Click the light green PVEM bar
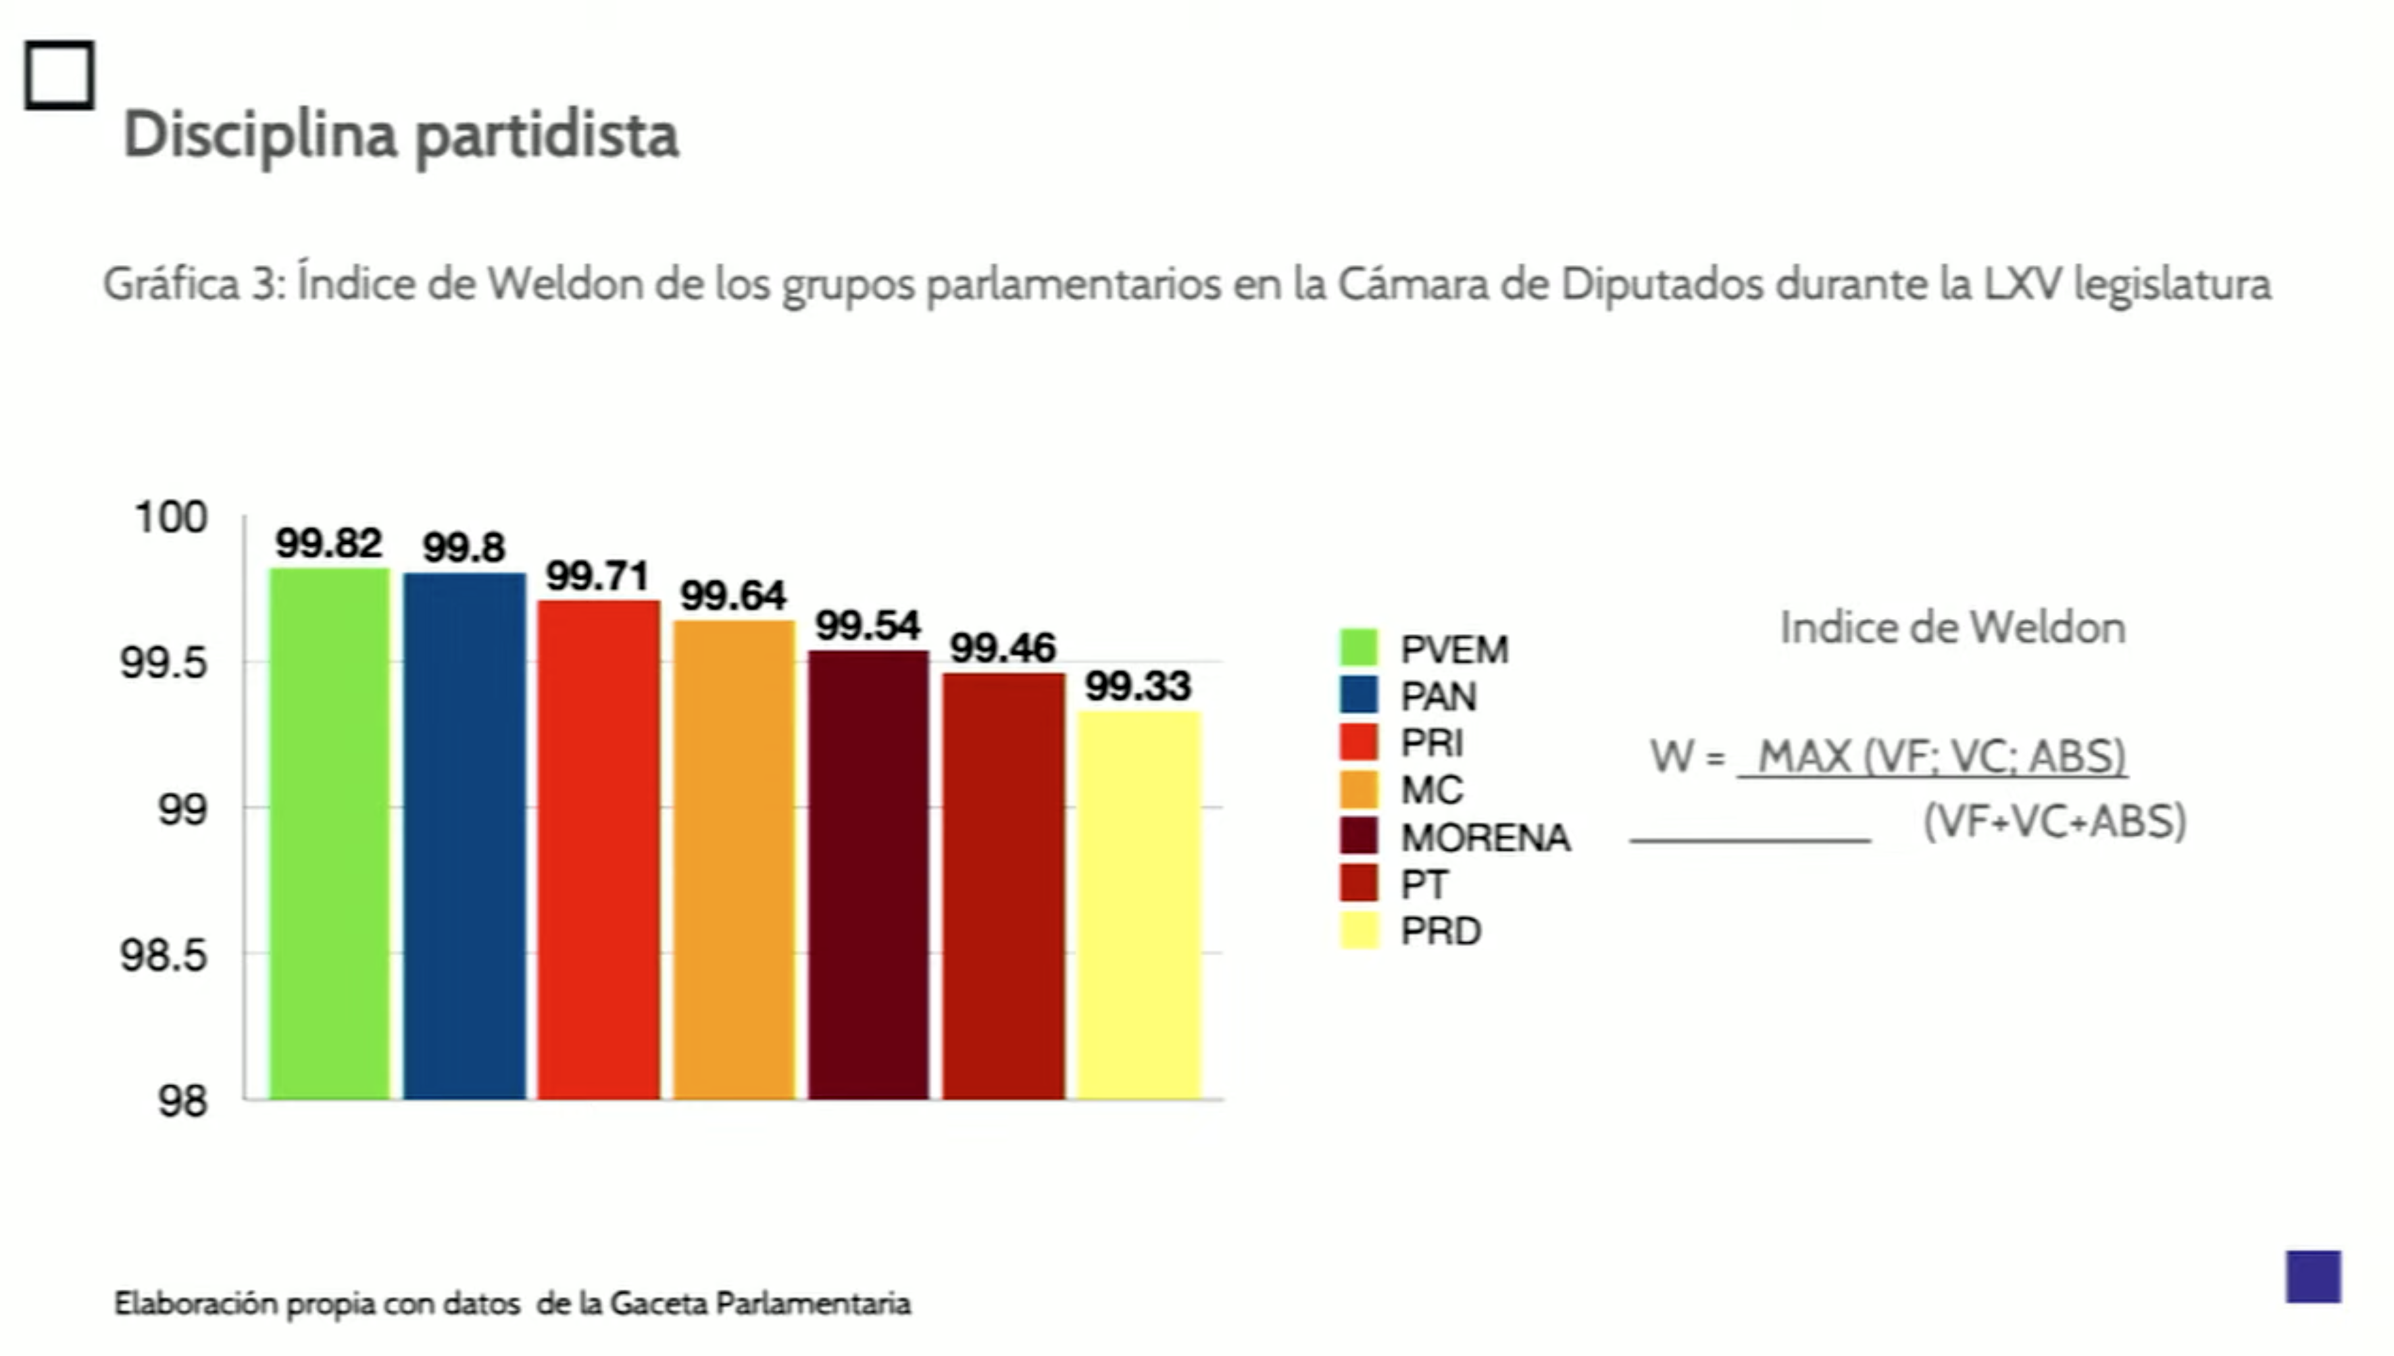click(330, 834)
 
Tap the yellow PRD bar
click(1139, 905)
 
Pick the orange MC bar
click(734, 859)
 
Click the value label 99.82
click(328, 543)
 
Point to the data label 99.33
click(1138, 686)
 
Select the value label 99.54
click(868, 625)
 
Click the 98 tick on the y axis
click(182, 1102)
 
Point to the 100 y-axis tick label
click(170, 518)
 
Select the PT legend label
click(1424, 885)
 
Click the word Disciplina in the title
click(261, 136)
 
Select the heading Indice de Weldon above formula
click(1953, 628)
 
